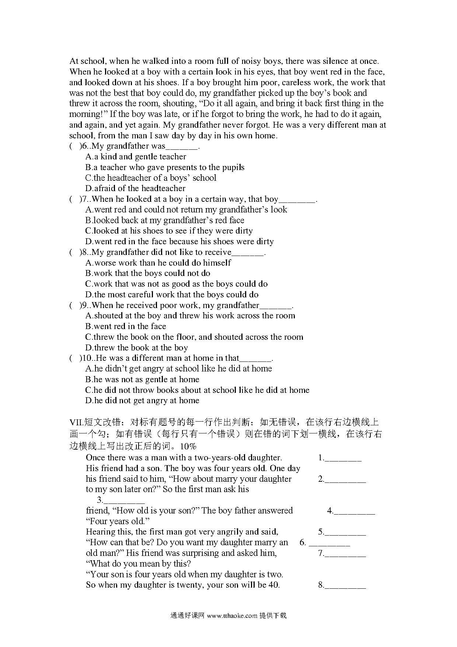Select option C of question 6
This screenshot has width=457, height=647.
click(x=150, y=178)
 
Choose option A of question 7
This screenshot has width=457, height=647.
click(x=186, y=210)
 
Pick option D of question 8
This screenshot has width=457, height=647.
click(x=172, y=295)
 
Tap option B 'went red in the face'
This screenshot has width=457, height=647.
click(x=126, y=326)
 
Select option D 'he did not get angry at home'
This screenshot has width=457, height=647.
click(x=142, y=401)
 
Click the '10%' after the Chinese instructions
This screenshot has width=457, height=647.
click(x=188, y=446)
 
